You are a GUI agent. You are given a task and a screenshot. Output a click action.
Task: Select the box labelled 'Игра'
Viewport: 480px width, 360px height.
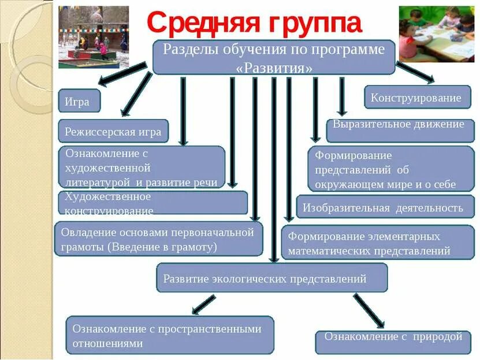coord(79,101)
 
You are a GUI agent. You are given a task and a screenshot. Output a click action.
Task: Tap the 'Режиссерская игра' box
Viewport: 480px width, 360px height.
coord(113,131)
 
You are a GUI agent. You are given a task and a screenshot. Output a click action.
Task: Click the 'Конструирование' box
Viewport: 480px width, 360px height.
coord(416,97)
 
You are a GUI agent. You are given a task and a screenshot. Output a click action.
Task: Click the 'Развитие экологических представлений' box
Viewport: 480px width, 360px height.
coord(271,278)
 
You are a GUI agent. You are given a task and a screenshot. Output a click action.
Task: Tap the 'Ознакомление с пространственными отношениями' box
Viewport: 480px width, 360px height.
coord(169,335)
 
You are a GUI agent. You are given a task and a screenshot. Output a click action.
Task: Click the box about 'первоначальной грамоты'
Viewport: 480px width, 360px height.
coord(158,239)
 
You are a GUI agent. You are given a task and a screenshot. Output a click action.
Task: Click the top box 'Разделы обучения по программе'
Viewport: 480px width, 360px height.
coord(273,57)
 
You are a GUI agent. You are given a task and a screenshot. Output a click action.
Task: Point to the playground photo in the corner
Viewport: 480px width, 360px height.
coord(94,36)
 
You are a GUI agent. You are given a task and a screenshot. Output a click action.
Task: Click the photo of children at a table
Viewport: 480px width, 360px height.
coord(436,33)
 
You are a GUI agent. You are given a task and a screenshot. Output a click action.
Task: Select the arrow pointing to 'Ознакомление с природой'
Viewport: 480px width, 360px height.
coord(368,309)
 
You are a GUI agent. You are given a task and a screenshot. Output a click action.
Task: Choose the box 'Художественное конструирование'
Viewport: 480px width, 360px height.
coord(153,203)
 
